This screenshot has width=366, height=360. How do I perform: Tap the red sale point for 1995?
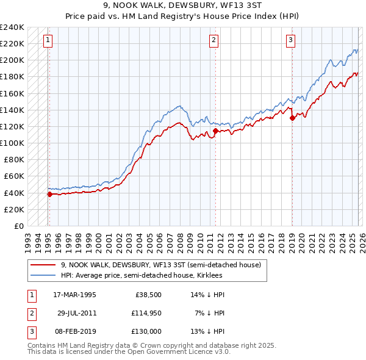coord(49,194)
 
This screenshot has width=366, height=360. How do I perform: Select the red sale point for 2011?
coord(215,131)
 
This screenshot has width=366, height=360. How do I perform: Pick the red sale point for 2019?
coord(292,118)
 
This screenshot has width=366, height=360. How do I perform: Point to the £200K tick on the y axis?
coord(12,60)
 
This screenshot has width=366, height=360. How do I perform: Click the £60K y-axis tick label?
coord(13,176)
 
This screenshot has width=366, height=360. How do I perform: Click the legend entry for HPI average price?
coord(142,275)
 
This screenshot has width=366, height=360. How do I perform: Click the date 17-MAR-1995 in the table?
coord(74,294)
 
